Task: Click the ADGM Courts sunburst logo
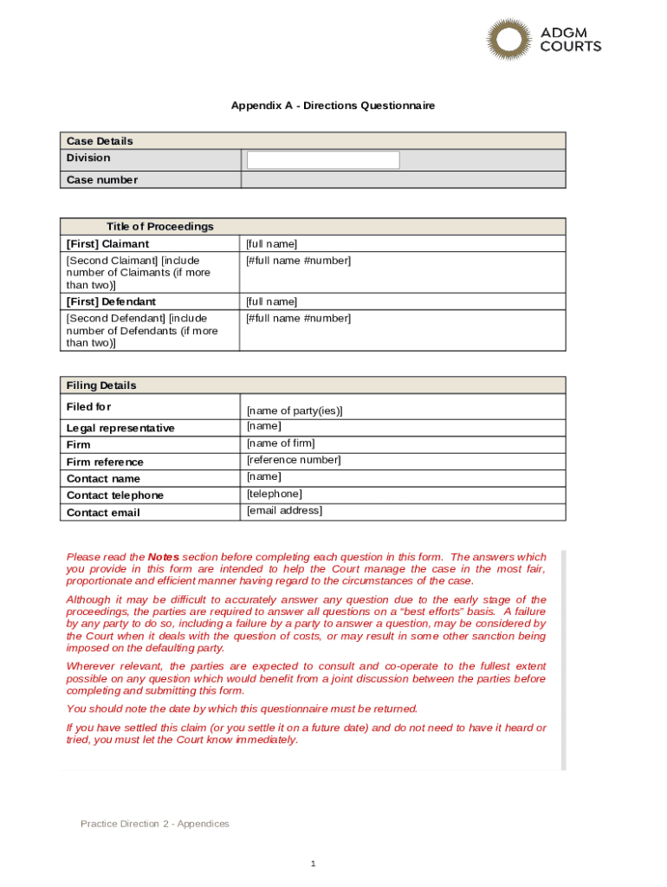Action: (x=508, y=40)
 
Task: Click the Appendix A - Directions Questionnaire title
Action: (x=333, y=106)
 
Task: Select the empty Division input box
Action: (x=323, y=160)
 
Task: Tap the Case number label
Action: (x=101, y=180)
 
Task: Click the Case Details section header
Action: (x=100, y=141)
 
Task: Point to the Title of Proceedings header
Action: (x=159, y=227)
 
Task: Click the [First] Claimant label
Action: (x=107, y=244)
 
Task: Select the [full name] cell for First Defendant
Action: (x=271, y=301)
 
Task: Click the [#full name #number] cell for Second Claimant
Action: (x=299, y=261)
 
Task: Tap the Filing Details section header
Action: (x=101, y=385)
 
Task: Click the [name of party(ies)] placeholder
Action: (x=295, y=411)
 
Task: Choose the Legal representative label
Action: (x=120, y=428)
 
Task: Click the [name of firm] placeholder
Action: (x=281, y=443)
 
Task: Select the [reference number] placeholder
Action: (x=294, y=460)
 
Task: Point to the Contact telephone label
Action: (x=115, y=495)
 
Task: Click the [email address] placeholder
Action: (x=284, y=510)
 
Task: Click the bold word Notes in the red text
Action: (x=164, y=557)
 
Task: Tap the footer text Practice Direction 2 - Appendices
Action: (x=155, y=824)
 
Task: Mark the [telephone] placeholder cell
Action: (x=275, y=494)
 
